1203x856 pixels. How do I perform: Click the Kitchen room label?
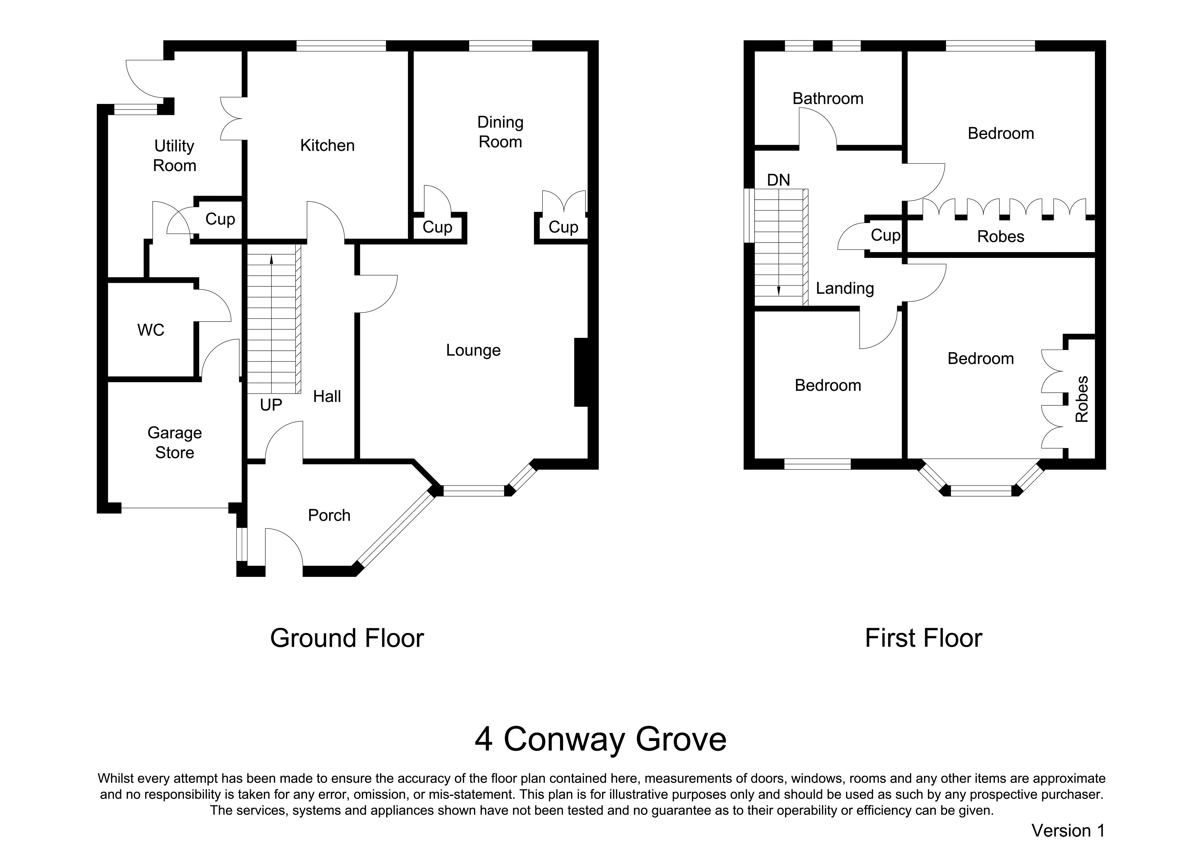click(x=327, y=146)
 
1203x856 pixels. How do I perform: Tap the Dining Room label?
click(x=500, y=132)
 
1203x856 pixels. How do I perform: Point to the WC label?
click(x=151, y=330)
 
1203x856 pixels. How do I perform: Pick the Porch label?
click(x=329, y=515)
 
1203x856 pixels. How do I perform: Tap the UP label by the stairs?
click(x=271, y=405)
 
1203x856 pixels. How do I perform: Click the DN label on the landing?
click(x=779, y=180)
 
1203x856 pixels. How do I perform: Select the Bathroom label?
click(x=828, y=99)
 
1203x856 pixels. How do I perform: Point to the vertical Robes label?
click(x=1081, y=399)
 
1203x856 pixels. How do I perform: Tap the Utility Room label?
click(x=174, y=155)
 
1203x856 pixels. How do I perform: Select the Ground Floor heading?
click(x=347, y=638)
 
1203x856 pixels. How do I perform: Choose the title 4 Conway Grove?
click(x=601, y=740)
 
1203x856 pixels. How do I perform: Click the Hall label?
click(x=327, y=396)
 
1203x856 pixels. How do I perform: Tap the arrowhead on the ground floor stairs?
click(x=271, y=259)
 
